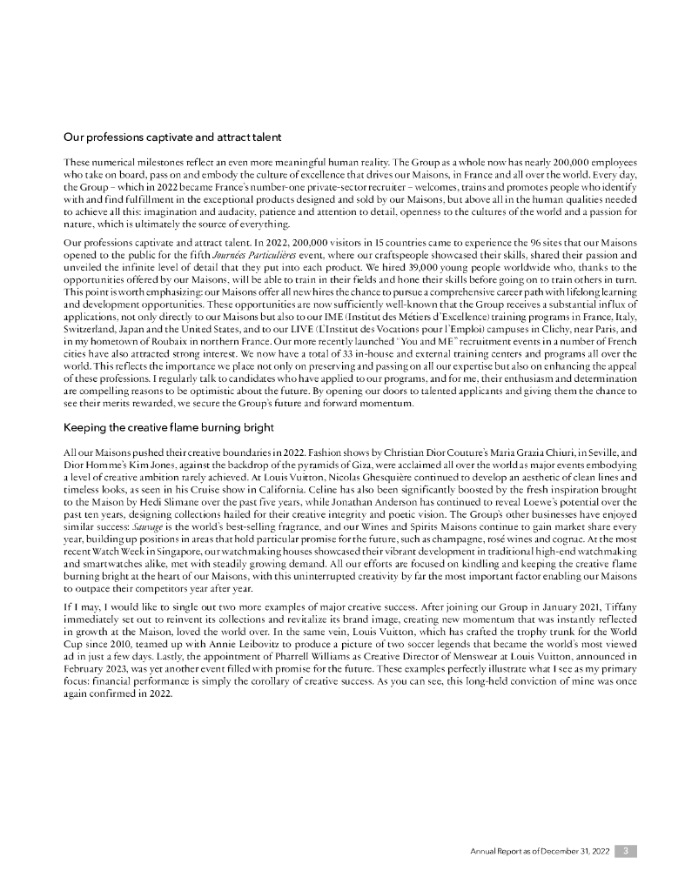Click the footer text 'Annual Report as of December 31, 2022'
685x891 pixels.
click(540, 850)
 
